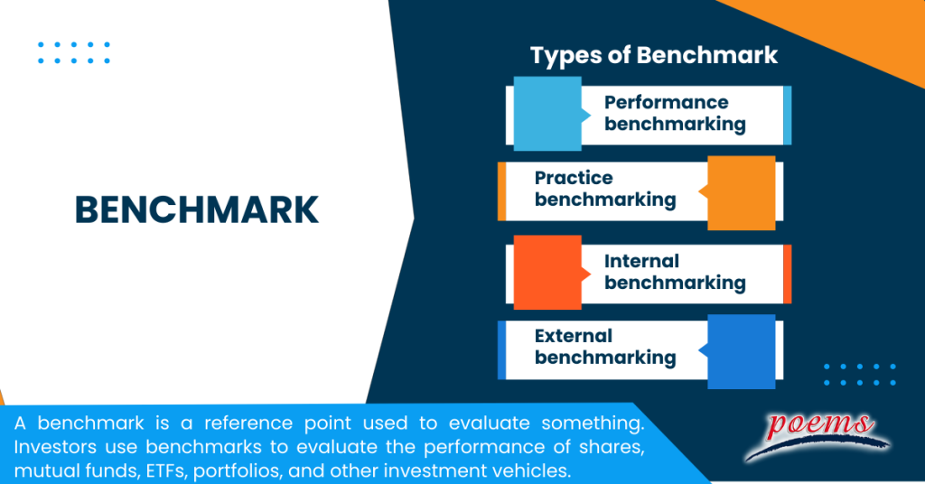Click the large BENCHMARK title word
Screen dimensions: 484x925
(196, 209)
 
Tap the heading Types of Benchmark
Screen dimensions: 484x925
(653, 55)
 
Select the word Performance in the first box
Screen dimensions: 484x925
(666, 102)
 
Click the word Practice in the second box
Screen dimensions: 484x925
(574, 178)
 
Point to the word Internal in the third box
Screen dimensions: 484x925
(641, 261)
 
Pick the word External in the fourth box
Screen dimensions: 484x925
(574, 336)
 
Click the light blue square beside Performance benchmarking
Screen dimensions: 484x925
(547, 113)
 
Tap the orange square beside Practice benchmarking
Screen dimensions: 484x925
(741, 192)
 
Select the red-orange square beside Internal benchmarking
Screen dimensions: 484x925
(547, 272)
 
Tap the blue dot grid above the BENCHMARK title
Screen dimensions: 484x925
(74, 52)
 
